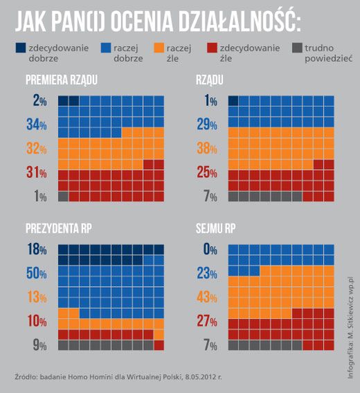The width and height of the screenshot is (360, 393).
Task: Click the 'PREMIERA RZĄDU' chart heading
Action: click(61, 80)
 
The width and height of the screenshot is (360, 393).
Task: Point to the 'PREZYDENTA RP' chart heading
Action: click(58, 228)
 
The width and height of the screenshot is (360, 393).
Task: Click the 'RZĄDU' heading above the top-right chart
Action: click(210, 80)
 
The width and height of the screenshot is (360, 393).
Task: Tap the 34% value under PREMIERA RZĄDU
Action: click(35, 125)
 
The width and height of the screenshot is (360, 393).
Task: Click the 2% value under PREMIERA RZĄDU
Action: click(39, 101)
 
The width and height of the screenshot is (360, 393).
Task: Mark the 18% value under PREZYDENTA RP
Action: click(35, 249)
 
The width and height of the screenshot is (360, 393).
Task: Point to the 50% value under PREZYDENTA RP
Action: click(35, 274)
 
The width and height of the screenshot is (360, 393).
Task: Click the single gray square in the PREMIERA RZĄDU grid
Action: click(63, 196)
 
